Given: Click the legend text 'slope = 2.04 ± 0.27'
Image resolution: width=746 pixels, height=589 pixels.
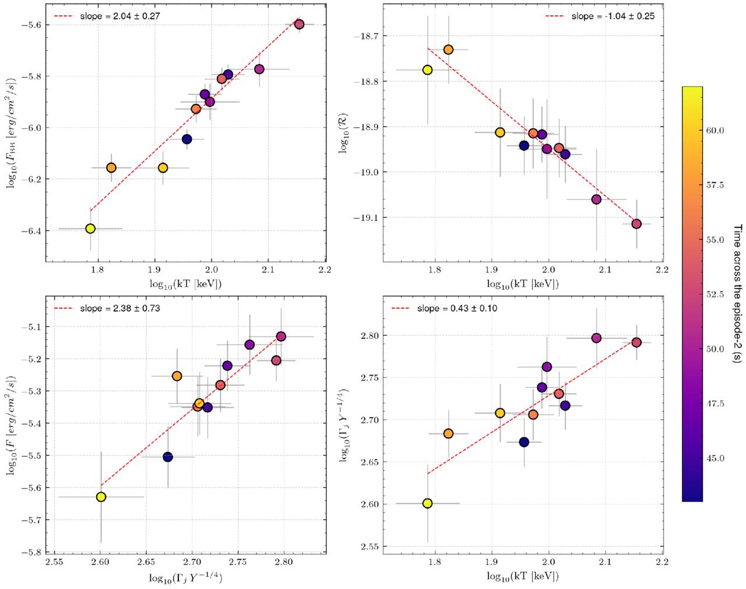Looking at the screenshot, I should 120,16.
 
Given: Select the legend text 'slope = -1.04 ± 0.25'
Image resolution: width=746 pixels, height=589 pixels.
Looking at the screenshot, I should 613,16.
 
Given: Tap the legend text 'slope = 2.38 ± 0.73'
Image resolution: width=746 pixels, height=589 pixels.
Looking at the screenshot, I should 120,308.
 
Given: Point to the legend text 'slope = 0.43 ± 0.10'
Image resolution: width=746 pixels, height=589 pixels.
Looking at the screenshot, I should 457,308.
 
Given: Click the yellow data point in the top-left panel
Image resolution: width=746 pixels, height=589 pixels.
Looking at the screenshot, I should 90,229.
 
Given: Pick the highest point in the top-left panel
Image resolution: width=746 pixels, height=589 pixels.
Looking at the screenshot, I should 299,24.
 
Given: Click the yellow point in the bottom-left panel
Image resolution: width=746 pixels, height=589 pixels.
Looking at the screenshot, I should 101,497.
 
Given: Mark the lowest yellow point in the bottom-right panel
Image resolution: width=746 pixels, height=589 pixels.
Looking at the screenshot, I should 427,503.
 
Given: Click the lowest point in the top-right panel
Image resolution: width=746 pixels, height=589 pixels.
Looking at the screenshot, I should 636,224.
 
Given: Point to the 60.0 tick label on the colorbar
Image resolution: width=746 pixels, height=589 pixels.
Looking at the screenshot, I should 715,130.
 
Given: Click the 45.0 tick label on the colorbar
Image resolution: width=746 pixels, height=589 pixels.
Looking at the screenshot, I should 715,458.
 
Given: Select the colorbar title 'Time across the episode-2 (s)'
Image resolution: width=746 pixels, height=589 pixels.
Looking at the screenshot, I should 737,294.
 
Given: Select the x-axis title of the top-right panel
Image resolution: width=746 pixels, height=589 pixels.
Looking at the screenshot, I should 523,284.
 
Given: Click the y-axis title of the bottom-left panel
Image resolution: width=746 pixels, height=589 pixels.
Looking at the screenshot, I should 11,425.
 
